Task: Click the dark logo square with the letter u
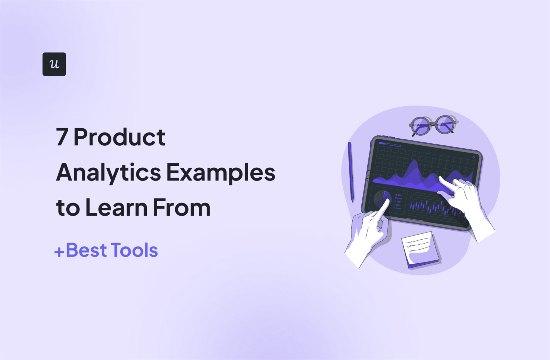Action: [x=54, y=64]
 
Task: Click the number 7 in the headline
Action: [x=62, y=137]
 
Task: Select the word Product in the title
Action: [x=119, y=137]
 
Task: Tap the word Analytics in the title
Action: [x=108, y=172]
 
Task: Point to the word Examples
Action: [x=221, y=172]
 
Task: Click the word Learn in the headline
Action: [x=116, y=207]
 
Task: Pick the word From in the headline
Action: [x=182, y=207]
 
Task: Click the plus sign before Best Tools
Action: [x=59, y=252]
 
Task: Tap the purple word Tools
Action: [x=134, y=250]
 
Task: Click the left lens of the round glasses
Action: [x=421, y=125]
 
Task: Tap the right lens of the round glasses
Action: [x=444, y=124]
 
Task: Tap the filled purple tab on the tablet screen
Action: [x=382, y=143]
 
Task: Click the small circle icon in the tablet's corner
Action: [x=473, y=157]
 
